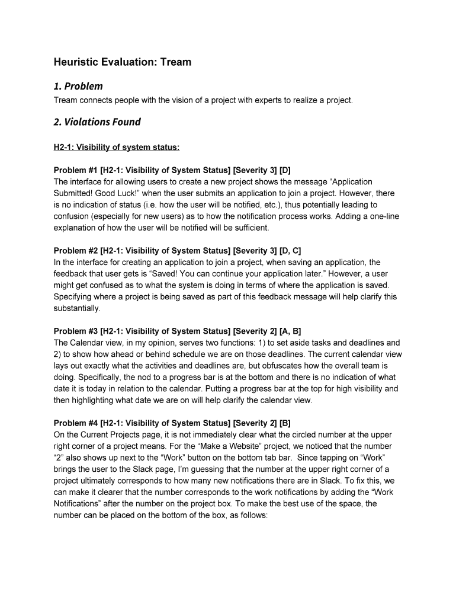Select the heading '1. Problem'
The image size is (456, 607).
click(78, 86)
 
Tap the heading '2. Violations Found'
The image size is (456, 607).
click(97, 122)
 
